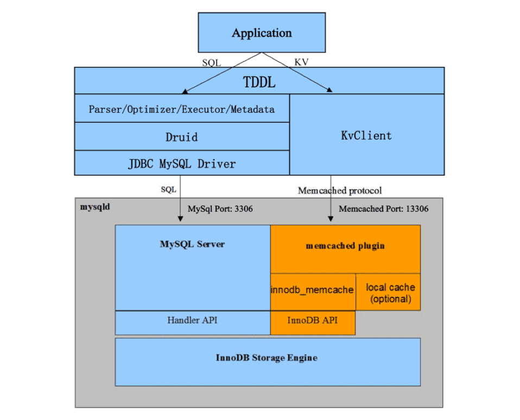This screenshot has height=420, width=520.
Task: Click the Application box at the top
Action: tap(262, 33)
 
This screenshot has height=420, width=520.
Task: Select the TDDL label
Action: tap(259, 82)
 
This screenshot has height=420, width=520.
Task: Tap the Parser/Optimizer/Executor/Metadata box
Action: tap(182, 109)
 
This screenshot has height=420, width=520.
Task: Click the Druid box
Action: tap(182, 137)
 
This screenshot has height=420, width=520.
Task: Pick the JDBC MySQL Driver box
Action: tap(182, 163)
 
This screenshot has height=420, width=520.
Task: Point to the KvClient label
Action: tap(366, 136)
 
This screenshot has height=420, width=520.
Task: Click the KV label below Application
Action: tap(301, 62)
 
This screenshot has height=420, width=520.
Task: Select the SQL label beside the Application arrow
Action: tap(212, 62)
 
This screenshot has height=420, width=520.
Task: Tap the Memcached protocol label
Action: tap(340, 190)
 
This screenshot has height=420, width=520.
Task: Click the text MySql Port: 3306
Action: tap(220, 208)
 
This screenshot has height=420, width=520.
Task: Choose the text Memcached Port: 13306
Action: tap(384, 208)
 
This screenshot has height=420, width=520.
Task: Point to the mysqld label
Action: tap(95, 207)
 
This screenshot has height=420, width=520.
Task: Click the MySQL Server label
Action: tap(192, 244)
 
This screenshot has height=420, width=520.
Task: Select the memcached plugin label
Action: tap(345, 246)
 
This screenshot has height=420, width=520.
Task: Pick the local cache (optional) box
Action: tap(388, 292)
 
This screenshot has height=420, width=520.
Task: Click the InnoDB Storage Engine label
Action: tap(267, 358)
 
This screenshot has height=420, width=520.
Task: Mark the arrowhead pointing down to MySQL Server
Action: tap(180, 219)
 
